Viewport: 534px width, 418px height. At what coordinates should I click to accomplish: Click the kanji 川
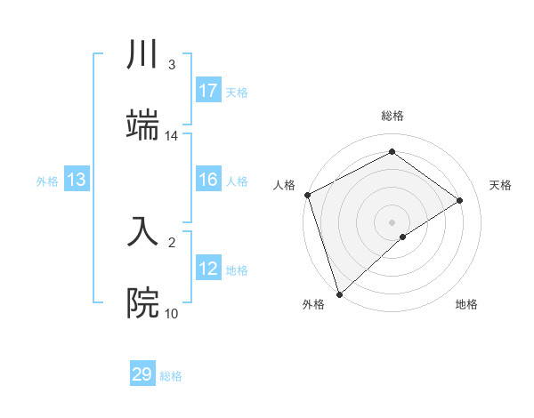click(x=142, y=55)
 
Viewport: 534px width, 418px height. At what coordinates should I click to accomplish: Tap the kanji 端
click(x=142, y=125)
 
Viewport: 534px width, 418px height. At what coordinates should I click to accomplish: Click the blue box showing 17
click(x=208, y=90)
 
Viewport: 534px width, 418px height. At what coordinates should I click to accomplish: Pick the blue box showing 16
click(x=208, y=180)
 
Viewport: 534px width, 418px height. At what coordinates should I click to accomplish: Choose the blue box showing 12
click(x=208, y=269)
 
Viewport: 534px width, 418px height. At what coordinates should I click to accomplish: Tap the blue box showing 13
click(x=77, y=180)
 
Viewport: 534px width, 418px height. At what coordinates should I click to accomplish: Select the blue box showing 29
click(x=142, y=374)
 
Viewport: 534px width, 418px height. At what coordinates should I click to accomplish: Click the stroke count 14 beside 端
click(x=172, y=136)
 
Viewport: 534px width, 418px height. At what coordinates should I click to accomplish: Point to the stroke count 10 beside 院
click(x=172, y=313)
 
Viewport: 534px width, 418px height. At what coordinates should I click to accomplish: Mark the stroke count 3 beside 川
click(x=172, y=65)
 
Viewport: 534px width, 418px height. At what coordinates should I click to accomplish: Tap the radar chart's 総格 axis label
click(x=392, y=116)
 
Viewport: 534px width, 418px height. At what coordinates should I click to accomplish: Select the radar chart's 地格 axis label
click(x=466, y=304)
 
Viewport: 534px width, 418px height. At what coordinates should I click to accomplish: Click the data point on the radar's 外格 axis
click(x=338, y=293)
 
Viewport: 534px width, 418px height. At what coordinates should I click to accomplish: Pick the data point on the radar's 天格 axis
click(x=460, y=200)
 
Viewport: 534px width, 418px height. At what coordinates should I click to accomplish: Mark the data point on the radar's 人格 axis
click(x=306, y=195)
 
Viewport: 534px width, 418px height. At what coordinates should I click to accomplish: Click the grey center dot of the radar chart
click(x=392, y=221)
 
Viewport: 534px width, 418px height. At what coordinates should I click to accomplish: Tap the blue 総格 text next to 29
click(x=171, y=376)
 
